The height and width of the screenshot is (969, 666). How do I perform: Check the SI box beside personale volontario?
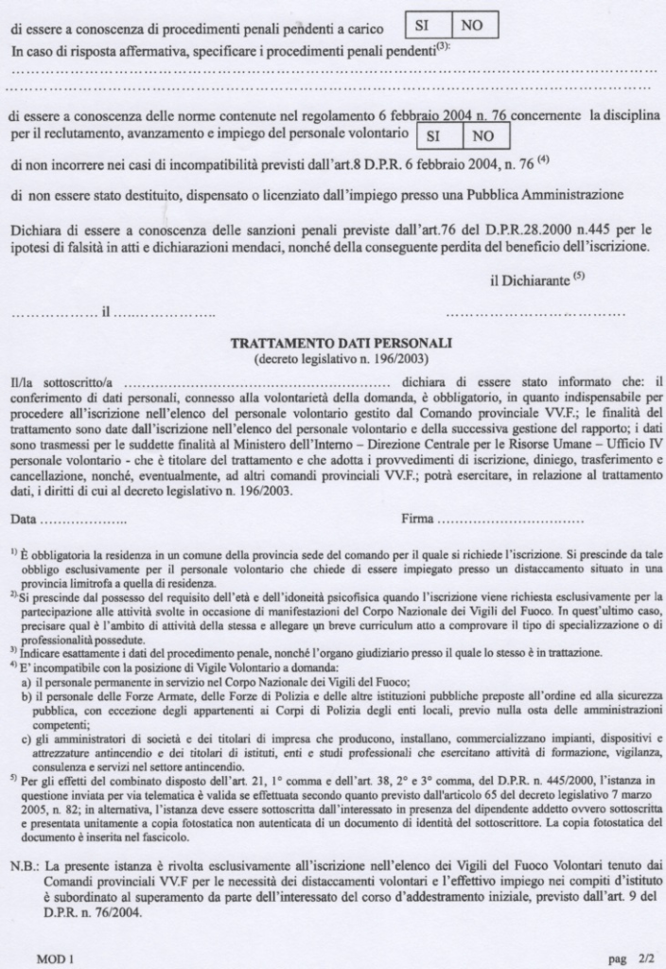click(x=436, y=135)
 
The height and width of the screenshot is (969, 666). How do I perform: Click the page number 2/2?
click(x=638, y=958)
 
